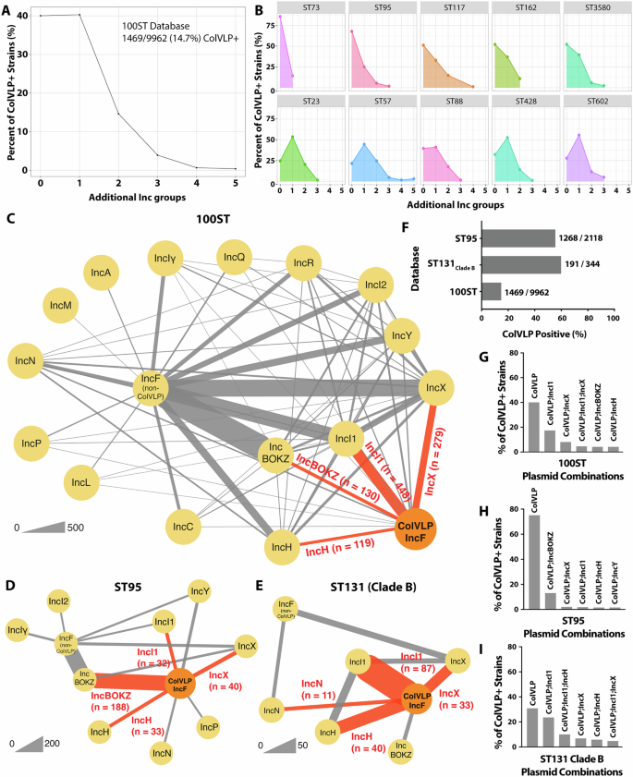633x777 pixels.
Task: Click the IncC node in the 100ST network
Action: (181, 528)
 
